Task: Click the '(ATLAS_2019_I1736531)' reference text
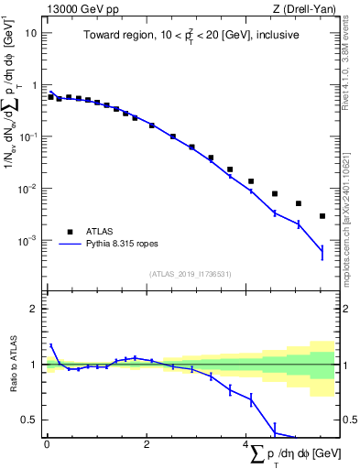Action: click(x=191, y=274)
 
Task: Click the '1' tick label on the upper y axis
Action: click(x=34, y=84)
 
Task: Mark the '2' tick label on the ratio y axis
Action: click(x=34, y=310)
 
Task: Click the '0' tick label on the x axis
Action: click(x=47, y=444)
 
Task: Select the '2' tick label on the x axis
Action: click(x=147, y=444)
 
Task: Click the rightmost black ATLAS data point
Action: click(x=322, y=216)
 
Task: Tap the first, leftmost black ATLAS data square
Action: click(x=50, y=95)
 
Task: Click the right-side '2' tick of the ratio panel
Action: click(x=344, y=310)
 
